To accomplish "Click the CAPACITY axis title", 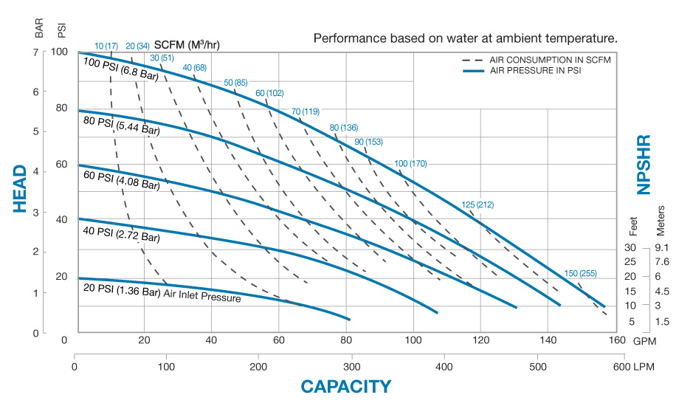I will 345,386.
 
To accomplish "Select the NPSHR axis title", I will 644,165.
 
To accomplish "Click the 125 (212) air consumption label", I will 478,204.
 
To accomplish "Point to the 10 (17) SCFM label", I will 106,47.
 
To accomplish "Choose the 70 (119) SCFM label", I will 305,111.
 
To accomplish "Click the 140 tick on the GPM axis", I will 548,340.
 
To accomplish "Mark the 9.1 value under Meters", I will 661,247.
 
